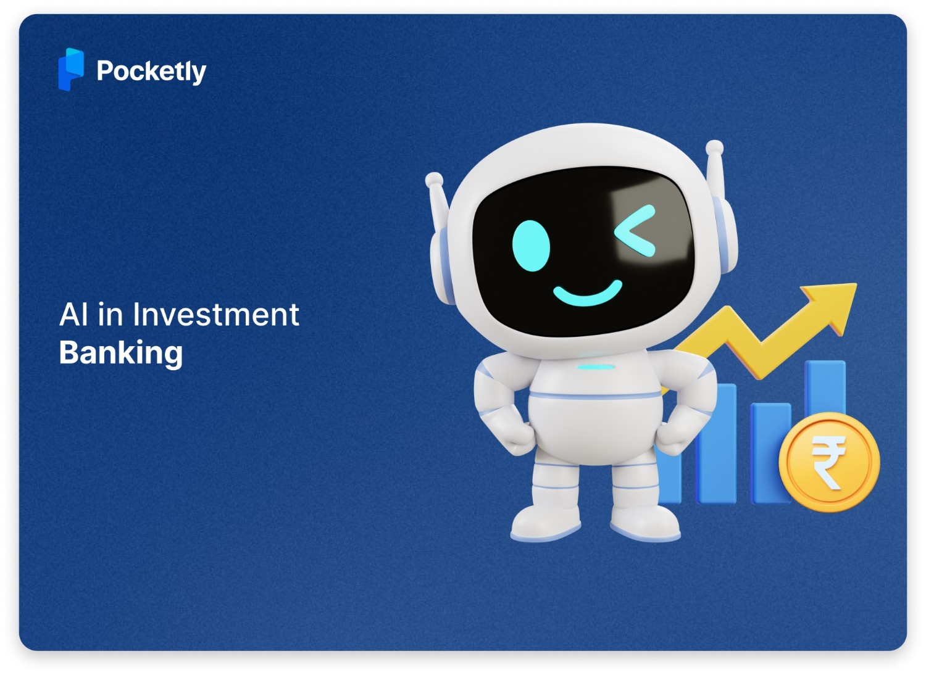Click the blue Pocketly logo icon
(71, 69)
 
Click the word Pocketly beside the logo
(151, 72)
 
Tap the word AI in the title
(73, 314)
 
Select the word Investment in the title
(216, 314)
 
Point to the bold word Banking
(121, 353)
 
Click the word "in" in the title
(111, 314)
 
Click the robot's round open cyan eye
(531, 245)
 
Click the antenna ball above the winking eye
(714, 147)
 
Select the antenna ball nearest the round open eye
(434, 179)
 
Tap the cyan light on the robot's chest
(596, 367)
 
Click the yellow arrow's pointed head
(833, 302)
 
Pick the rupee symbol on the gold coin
(828, 462)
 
